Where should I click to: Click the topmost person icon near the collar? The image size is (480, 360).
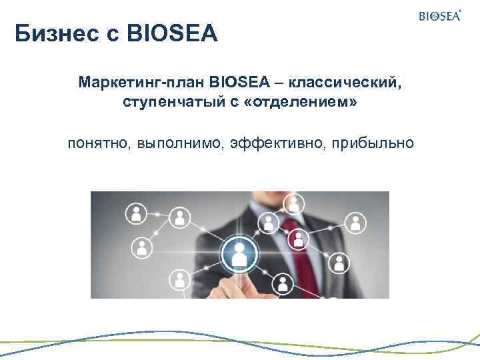tap(291, 203)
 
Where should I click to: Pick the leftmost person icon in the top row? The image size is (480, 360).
tap(136, 213)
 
